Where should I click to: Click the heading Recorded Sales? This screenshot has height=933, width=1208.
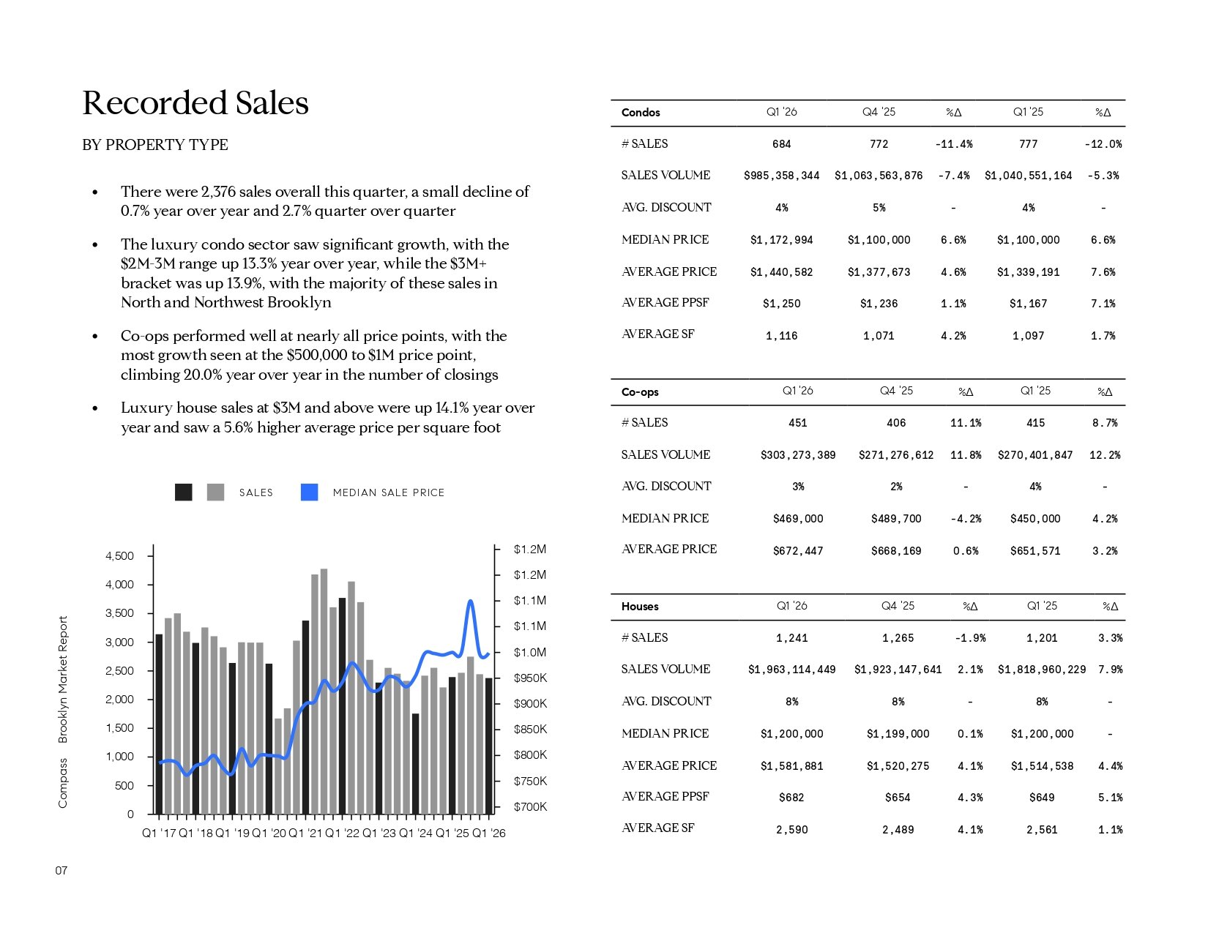point(195,103)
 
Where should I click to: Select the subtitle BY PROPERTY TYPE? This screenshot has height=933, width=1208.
point(155,145)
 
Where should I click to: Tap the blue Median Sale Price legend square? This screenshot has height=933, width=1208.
point(310,492)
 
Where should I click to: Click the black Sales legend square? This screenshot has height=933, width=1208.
point(184,492)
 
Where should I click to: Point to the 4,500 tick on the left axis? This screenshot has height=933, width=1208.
point(119,556)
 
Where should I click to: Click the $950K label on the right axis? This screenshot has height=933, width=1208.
point(530,678)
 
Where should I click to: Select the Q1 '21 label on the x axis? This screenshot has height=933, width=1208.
point(305,833)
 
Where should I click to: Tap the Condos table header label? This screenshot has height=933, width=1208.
point(641,113)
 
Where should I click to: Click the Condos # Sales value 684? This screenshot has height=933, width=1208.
point(782,144)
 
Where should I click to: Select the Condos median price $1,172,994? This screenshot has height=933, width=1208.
point(782,240)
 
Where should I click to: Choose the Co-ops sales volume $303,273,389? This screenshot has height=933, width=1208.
point(798,455)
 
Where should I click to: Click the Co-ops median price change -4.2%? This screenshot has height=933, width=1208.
point(966,519)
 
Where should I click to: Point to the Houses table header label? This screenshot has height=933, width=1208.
point(640,607)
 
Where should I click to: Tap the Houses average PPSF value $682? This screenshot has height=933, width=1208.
point(791,798)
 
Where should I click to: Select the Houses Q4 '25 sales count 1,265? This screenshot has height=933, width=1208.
point(898,638)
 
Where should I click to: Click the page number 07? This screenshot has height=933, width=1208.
point(61,871)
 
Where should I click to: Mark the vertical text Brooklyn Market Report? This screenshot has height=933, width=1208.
point(63,679)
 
